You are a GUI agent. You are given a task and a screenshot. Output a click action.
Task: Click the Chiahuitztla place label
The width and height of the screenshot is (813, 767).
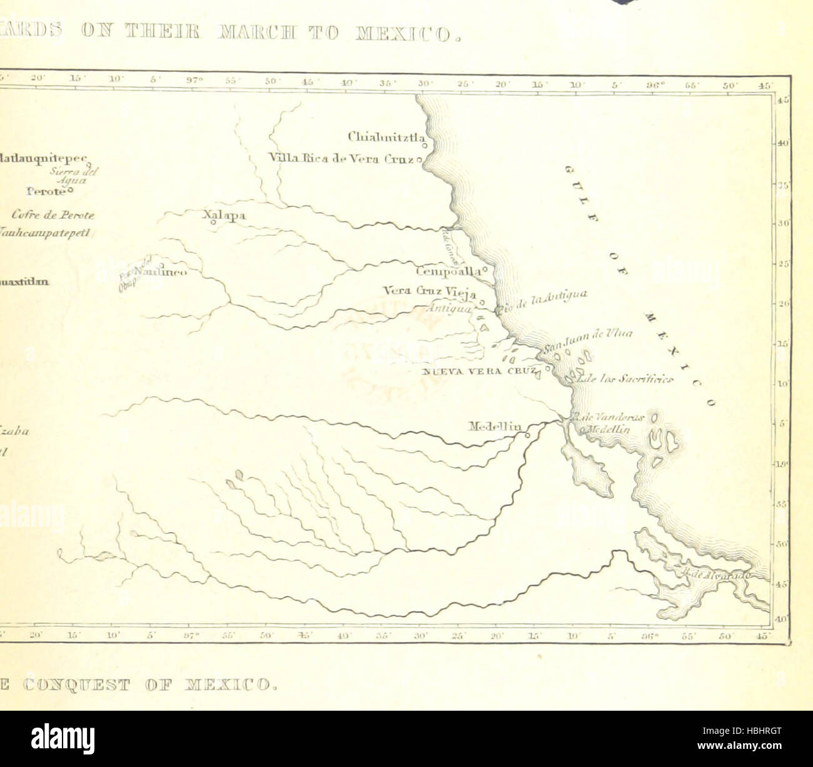(386, 136)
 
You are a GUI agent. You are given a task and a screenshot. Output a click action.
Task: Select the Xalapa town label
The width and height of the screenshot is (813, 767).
(224, 215)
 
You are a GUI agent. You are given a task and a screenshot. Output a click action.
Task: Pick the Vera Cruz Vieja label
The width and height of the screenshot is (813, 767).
(430, 292)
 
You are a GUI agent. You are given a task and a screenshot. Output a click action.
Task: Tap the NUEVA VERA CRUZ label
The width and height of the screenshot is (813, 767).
(480, 371)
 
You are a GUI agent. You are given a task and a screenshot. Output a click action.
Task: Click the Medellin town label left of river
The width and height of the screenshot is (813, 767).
(495, 426)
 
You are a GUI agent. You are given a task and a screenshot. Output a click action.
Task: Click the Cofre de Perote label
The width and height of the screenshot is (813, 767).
(53, 215)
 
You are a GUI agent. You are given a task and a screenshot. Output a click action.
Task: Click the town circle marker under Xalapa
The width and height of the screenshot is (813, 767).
(213, 222)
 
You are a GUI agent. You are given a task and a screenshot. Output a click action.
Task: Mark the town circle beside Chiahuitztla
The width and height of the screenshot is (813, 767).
(425, 146)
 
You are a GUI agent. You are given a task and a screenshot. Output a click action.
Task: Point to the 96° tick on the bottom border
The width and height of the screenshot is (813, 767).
(649, 636)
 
